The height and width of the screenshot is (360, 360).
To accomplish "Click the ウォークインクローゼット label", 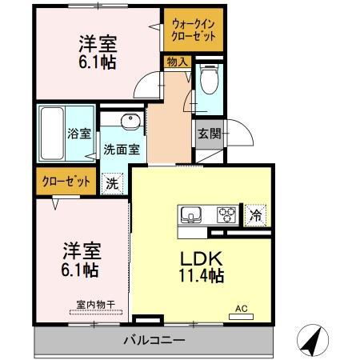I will point(193,31).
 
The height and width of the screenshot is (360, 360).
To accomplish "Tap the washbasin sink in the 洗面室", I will point(130,122).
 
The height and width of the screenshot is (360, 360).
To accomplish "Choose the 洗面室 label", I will point(122,149).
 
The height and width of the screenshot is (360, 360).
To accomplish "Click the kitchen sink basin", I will point(193,214).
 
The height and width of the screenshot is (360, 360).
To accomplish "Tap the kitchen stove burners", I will point(226,214).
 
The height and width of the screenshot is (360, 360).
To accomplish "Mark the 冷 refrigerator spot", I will point(256,214).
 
